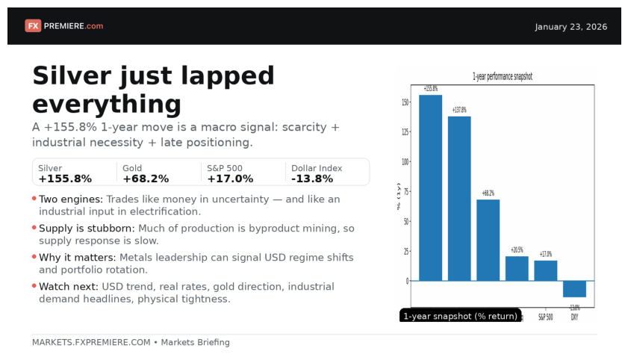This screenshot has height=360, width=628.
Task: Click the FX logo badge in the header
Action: pyautogui.click(x=33, y=26)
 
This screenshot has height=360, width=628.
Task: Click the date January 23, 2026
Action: pyautogui.click(x=571, y=27)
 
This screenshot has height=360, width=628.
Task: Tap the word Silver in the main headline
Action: pyautogui.click(x=77, y=76)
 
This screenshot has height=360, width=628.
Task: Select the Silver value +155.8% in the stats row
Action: pyautogui.click(x=65, y=179)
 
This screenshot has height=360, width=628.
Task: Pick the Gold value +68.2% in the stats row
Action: pyautogui.click(x=146, y=179)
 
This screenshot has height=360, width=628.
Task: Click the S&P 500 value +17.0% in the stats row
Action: pyautogui.click(x=230, y=179)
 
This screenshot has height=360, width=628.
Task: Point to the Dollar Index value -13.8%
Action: pyautogui.click(x=312, y=179)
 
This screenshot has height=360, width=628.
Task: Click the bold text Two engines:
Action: pyautogui.click(x=71, y=199)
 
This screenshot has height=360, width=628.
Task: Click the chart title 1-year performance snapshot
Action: pyautogui.click(x=502, y=77)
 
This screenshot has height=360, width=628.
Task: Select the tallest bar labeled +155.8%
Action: pyautogui.click(x=431, y=187)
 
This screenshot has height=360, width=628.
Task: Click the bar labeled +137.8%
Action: pyautogui.click(x=459, y=199)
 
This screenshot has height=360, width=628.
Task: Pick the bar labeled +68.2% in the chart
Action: pyautogui.click(x=488, y=240)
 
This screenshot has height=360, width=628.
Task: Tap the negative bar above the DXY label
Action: pyautogui.click(x=574, y=289)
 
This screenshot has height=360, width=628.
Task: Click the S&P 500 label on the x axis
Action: pyautogui.click(x=545, y=317)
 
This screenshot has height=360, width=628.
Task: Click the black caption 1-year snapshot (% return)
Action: pyautogui.click(x=460, y=316)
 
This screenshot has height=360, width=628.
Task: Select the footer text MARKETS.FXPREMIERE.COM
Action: pyautogui.click(x=91, y=343)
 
